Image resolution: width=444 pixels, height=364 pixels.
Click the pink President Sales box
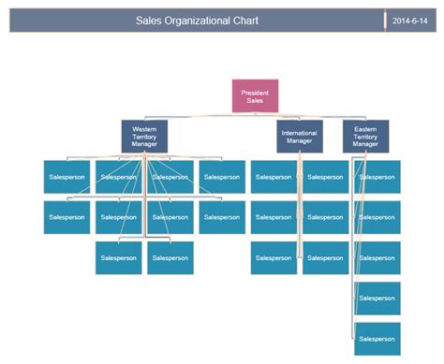pos(255,96)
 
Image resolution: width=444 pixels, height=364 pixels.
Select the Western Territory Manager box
pos(143,137)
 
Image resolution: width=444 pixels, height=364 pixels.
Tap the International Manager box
pos(300,137)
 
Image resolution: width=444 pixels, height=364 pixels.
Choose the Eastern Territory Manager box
pos(365,137)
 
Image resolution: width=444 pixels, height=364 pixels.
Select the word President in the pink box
pos(255,93)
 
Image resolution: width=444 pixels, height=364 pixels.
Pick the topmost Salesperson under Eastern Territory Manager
pos(377,177)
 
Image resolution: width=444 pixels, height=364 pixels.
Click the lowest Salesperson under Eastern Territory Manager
pos(377,339)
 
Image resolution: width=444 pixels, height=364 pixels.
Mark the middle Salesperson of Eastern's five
pos(377,258)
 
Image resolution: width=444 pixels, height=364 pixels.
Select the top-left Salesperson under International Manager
pos(274,177)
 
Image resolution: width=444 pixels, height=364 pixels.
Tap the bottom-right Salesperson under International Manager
pos(326,258)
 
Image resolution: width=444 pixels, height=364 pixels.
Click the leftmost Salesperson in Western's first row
pos(67,177)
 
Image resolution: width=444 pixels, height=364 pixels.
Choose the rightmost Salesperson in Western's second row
pos(222,217)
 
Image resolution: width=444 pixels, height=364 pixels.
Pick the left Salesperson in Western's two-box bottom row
pos(118,258)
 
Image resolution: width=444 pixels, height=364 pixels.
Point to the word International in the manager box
pos(300,133)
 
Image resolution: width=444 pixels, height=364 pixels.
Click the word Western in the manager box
pos(144,128)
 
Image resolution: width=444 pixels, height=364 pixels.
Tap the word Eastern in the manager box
pos(365,128)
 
